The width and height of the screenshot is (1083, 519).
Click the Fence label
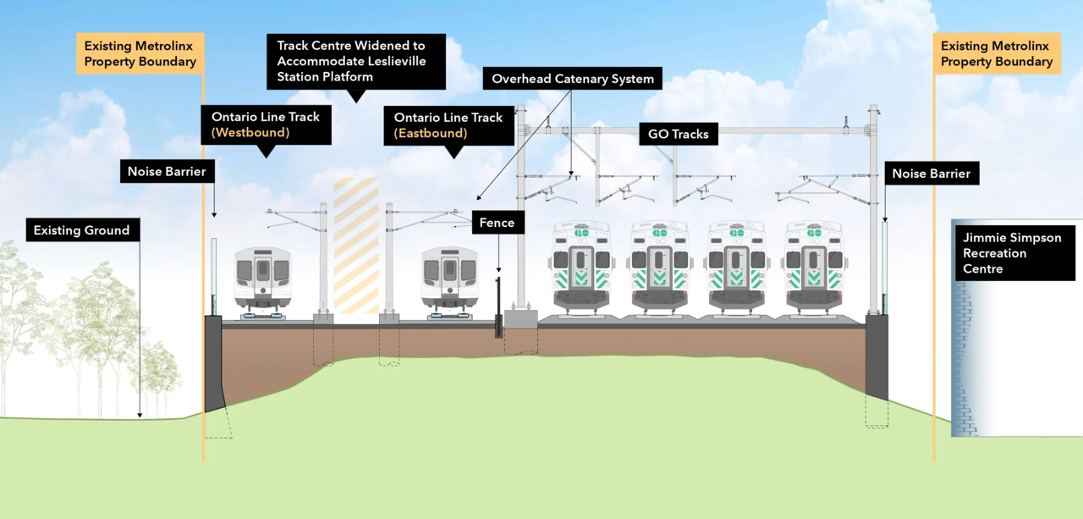point(497,223)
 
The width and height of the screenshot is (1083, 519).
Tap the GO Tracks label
point(679,134)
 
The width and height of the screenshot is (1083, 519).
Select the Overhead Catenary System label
point(573,79)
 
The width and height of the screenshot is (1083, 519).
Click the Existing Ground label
point(82,230)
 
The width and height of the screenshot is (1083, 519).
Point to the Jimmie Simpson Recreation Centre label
point(1014,252)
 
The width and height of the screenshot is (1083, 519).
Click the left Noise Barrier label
point(167,172)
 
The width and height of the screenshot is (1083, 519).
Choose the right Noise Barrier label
point(931,174)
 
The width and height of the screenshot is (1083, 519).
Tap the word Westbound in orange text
point(250,133)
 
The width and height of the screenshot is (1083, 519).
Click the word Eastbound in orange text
point(431,133)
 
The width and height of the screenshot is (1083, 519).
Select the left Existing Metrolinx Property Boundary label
point(140,53)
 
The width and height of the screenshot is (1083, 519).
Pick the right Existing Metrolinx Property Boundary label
point(997,53)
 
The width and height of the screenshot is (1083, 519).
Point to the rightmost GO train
point(813,267)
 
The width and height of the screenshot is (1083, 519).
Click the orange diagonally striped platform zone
point(356,246)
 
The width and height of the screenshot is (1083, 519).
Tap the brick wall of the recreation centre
point(961,356)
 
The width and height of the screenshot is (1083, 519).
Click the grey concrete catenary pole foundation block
point(521,320)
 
